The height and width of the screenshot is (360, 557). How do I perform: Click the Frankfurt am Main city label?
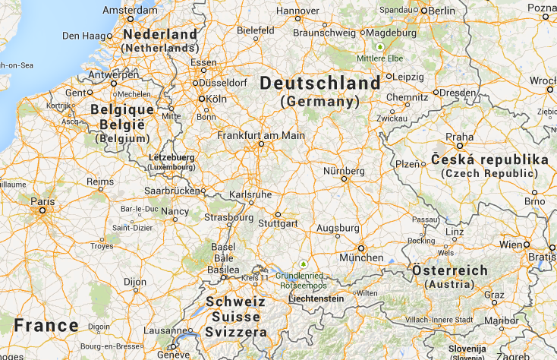coord(261,135)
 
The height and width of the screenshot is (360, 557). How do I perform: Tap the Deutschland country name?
coord(320,83)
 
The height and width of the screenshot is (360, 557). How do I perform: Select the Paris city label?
coord(42,201)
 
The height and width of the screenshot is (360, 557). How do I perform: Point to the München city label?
coord(361,257)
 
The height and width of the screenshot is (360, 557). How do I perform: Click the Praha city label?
coord(460,137)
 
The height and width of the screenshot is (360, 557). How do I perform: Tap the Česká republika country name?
coord(489,160)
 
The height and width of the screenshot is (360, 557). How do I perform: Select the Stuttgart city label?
coord(277,224)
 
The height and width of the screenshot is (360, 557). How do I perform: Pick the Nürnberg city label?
coord(344,171)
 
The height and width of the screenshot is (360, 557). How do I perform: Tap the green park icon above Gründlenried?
coord(303,264)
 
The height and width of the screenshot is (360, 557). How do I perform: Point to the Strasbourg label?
coord(228,217)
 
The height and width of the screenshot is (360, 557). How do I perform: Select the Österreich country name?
coord(450,270)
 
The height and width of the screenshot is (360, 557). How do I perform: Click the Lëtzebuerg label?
coord(171,157)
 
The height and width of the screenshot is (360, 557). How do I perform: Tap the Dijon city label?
coord(135,282)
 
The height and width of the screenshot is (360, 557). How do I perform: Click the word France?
coord(46,326)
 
